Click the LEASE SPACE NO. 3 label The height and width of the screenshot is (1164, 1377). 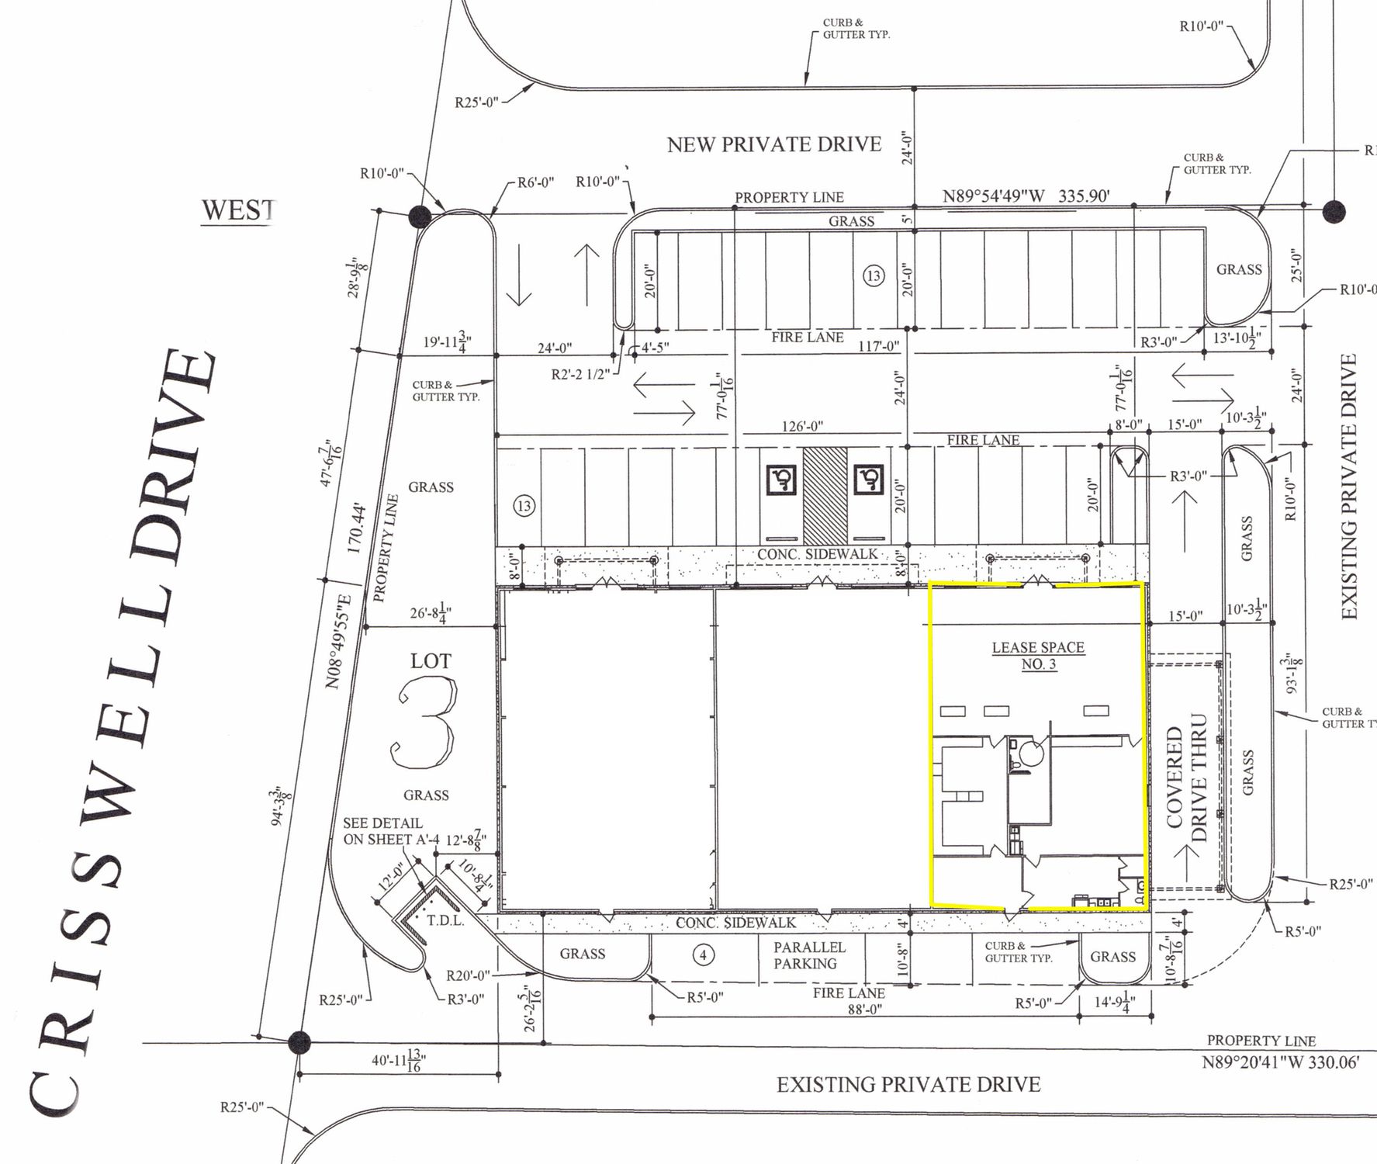[1038, 656]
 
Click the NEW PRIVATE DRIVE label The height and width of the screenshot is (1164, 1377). [774, 144]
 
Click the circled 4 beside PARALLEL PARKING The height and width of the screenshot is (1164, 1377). [704, 954]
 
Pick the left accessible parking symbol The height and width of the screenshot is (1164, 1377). [780, 480]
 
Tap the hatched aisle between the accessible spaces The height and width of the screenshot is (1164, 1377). [825, 495]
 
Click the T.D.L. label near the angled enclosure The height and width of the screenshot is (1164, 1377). [445, 921]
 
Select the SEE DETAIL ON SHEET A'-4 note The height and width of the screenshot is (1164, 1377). [383, 831]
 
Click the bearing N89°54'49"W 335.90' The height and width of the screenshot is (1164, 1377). [1026, 196]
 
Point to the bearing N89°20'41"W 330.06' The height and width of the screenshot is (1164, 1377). [1281, 1062]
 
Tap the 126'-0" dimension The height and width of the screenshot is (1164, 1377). [801, 426]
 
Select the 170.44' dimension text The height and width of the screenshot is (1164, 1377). [356, 528]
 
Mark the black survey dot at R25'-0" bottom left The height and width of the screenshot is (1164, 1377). [299, 1041]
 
